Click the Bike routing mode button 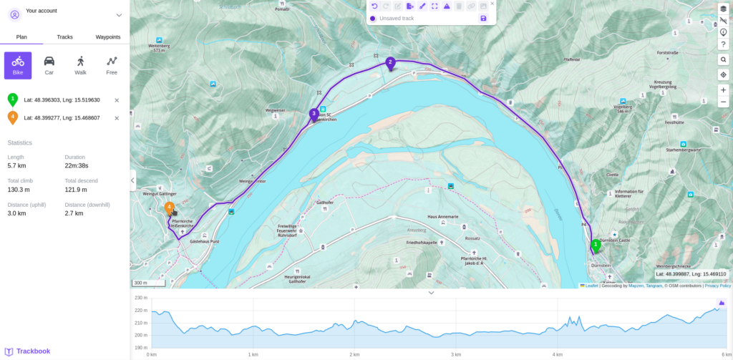pyautogui.click(x=18, y=65)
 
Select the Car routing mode pyautogui.click(x=49, y=65)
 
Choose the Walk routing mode pyautogui.click(x=80, y=65)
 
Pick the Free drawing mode pyautogui.click(x=112, y=65)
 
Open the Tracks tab pyautogui.click(x=64, y=37)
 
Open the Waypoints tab pyautogui.click(x=107, y=37)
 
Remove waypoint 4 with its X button pyautogui.click(x=117, y=118)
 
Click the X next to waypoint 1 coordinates pyautogui.click(x=117, y=100)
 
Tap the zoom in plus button pyautogui.click(x=723, y=89)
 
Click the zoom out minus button pyautogui.click(x=723, y=102)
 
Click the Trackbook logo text pyautogui.click(x=33, y=351)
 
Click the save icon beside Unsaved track pyautogui.click(x=483, y=18)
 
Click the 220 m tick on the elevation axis pyautogui.click(x=140, y=311)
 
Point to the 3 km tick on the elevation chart pyautogui.click(x=455, y=354)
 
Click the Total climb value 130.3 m pyautogui.click(x=19, y=190)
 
